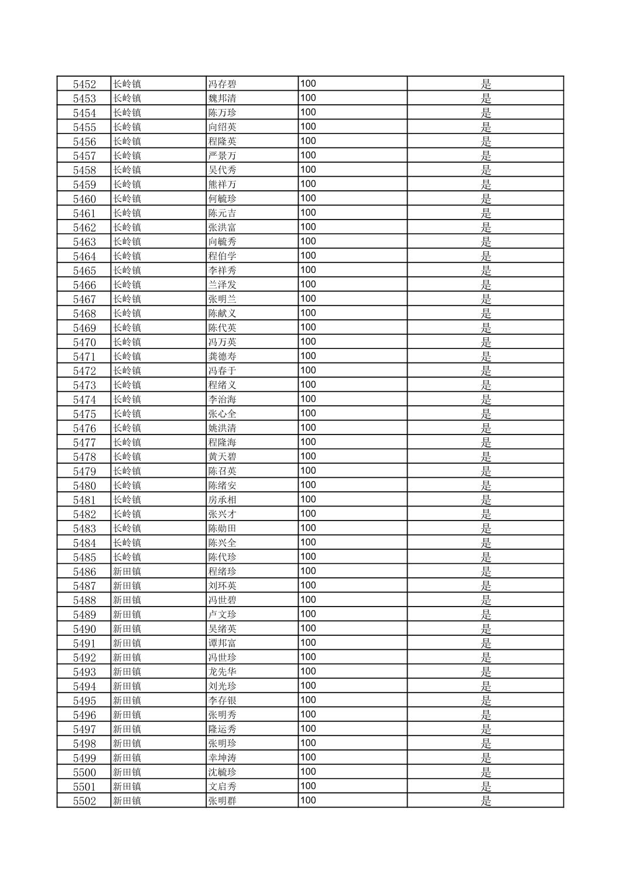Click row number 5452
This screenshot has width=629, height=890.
(x=84, y=84)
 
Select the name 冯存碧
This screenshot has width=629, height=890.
(x=223, y=84)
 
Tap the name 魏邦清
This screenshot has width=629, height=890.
(x=223, y=98)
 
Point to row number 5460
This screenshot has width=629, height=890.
(x=84, y=199)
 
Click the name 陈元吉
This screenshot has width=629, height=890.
(x=223, y=213)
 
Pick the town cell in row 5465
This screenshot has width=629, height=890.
(x=127, y=271)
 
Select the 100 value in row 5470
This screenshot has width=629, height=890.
(x=308, y=342)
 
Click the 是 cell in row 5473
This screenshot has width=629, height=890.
(x=486, y=385)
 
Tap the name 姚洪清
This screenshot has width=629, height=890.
(x=223, y=428)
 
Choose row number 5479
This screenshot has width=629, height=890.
(x=84, y=471)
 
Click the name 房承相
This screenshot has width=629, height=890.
(x=223, y=500)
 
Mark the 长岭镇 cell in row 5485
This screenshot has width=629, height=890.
(x=127, y=557)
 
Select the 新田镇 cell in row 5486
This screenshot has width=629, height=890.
(x=127, y=571)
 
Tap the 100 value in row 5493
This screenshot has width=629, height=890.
(x=308, y=672)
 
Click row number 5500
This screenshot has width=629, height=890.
(x=84, y=772)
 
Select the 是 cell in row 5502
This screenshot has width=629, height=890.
(x=486, y=801)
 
